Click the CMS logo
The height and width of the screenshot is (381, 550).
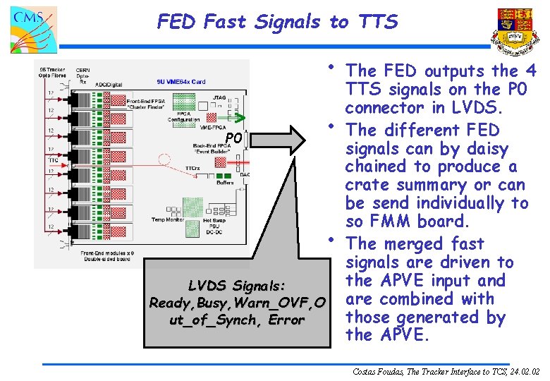(x=33, y=29)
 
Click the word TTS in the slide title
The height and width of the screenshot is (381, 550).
(x=378, y=22)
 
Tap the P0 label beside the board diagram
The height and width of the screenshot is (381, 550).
(x=233, y=138)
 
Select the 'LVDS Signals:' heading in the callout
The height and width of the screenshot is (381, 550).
(x=237, y=286)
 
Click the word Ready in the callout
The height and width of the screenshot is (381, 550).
(x=170, y=303)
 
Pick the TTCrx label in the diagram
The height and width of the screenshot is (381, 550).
(x=192, y=168)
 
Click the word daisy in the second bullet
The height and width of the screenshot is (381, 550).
(x=488, y=149)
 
